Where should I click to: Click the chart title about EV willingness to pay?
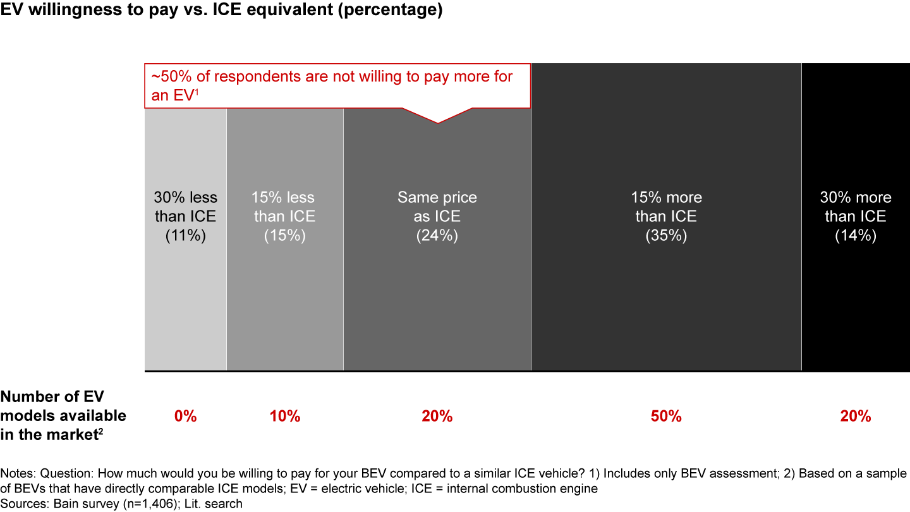[x=221, y=11]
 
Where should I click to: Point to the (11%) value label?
[x=185, y=235]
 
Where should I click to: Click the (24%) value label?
[x=437, y=235]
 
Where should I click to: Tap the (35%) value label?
[x=666, y=235]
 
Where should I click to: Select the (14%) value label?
[x=856, y=235]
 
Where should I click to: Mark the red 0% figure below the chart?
[x=186, y=417]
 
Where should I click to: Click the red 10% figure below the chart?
[x=285, y=417]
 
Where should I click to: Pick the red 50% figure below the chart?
[x=666, y=417]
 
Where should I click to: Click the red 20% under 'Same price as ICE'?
[x=437, y=417]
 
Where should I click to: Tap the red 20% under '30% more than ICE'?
[x=856, y=417]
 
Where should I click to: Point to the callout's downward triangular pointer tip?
[x=437, y=122]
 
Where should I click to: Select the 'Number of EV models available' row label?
[x=63, y=415]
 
